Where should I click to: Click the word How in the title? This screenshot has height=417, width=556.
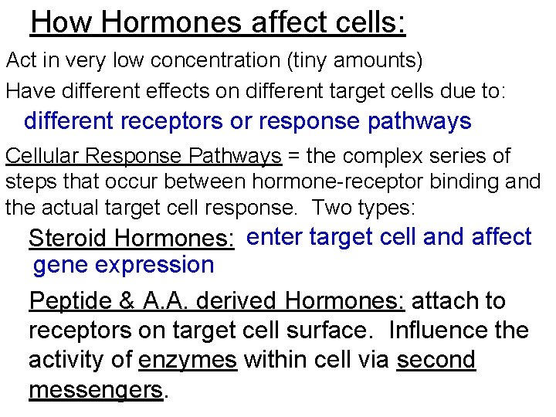(61, 22)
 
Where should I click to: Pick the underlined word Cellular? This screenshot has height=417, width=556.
(43, 156)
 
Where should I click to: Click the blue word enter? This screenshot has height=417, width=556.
(277, 237)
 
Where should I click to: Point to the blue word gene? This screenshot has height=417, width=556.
(61, 265)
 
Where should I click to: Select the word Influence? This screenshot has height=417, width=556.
(436, 331)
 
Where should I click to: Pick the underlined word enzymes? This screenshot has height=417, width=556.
(187, 360)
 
